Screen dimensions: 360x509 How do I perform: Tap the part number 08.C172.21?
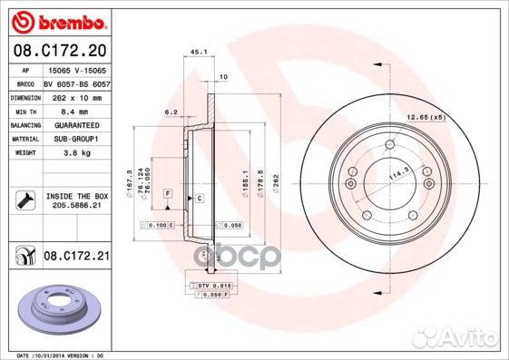[x=77, y=258]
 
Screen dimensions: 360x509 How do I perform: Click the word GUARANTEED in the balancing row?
[x=75, y=125]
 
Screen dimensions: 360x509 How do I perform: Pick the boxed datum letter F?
[x=168, y=195]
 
